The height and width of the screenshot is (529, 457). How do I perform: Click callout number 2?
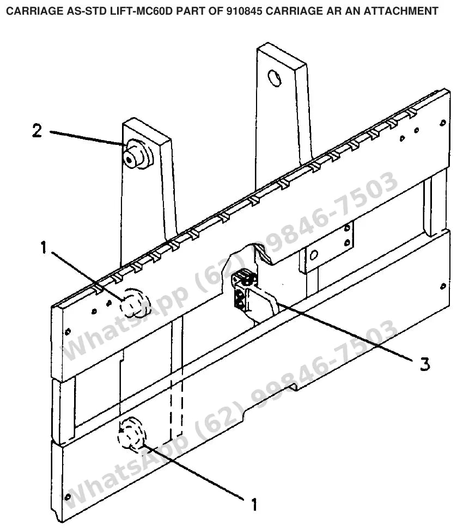click(37, 131)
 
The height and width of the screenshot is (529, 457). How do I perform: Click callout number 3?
click(425, 364)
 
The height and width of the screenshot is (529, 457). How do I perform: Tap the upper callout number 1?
click(43, 248)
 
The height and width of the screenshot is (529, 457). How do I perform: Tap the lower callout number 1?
click(254, 504)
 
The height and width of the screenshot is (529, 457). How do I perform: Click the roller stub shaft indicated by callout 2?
click(137, 155)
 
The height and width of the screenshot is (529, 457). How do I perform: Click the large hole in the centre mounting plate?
click(314, 255)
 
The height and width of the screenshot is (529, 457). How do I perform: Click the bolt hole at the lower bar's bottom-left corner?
click(68, 496)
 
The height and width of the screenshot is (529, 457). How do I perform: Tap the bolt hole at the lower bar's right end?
click(443, 286)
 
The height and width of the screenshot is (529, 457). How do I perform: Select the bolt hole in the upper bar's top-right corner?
click(443, 123)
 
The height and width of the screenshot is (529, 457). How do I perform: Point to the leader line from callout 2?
click(87, 138)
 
